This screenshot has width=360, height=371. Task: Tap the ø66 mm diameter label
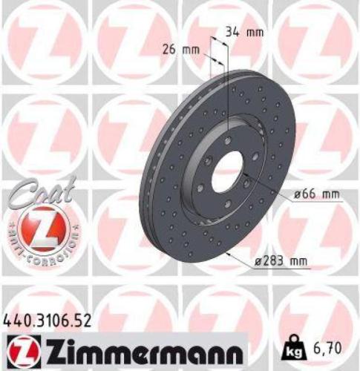316,195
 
